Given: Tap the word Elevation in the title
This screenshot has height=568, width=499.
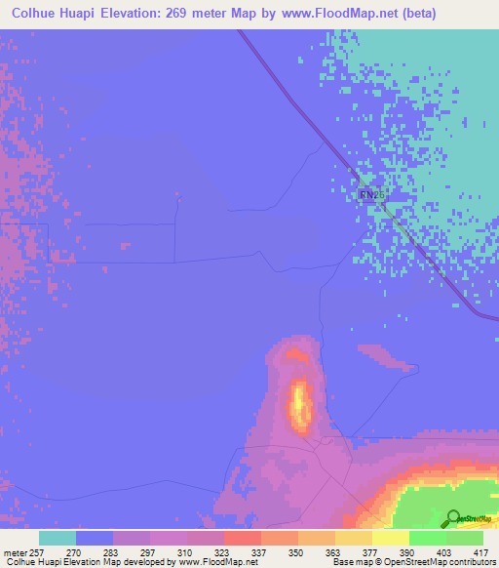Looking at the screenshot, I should (x=157, y=13).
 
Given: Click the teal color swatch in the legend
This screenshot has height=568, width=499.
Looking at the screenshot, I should (x=57, y=538).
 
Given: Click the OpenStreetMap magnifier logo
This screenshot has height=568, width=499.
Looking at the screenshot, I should (x=453, y=518).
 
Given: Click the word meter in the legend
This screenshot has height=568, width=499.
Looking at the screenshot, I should (x=12, y=552).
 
